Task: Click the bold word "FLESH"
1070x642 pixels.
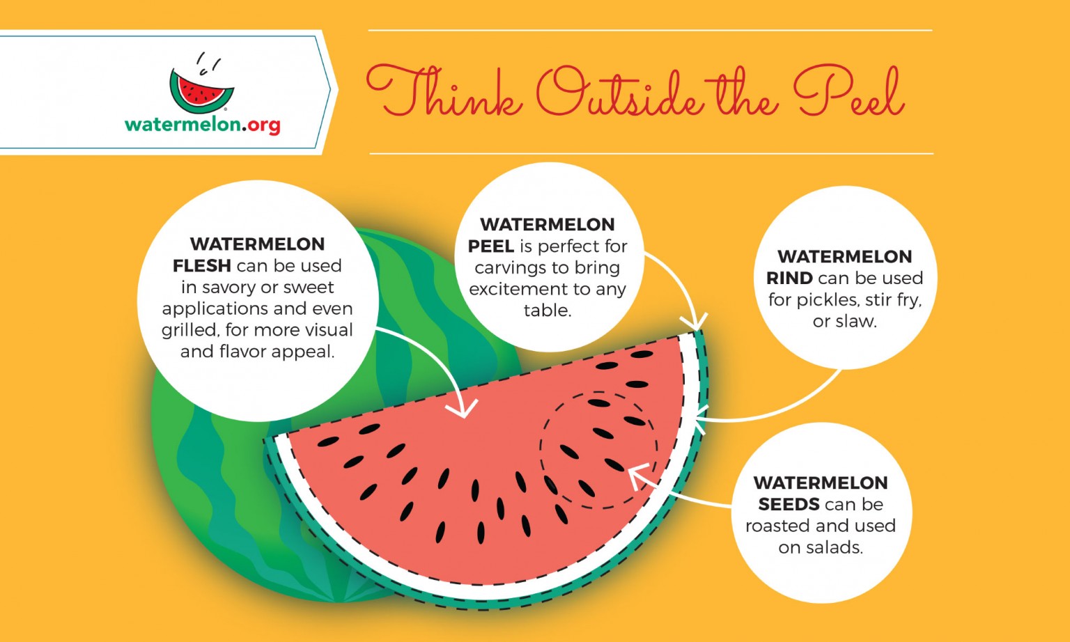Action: point(202,266)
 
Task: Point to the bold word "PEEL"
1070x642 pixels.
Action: point(490,246)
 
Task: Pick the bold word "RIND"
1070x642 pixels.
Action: point(789,279)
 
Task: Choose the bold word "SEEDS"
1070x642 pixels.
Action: point(789,505)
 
